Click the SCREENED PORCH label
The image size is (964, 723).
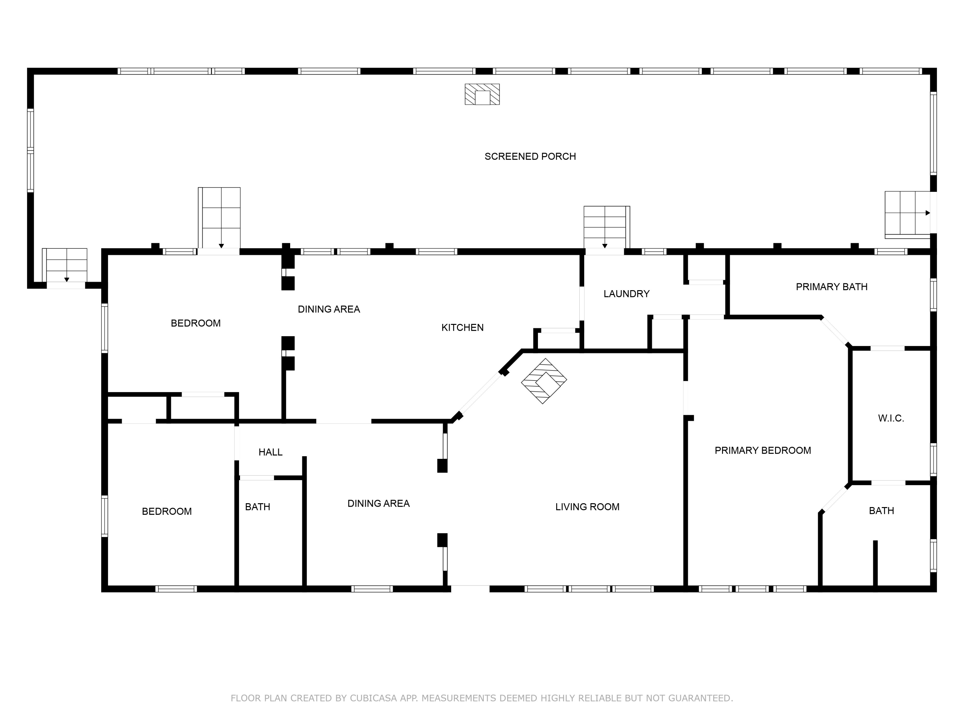530,156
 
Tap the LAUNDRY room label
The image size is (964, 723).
626,294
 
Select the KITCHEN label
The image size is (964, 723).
462,328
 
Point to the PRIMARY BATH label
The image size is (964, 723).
832,287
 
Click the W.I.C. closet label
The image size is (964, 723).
891,418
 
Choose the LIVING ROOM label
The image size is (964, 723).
587,507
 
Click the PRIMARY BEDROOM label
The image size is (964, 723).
763,451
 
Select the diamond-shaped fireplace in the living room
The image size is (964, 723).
544,381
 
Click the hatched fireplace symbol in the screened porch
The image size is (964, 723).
482,94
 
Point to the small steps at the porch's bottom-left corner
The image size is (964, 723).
66,265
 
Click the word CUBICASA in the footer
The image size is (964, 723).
373,698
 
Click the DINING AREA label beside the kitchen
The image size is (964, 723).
329,309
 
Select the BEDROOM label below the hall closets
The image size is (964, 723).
166,512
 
